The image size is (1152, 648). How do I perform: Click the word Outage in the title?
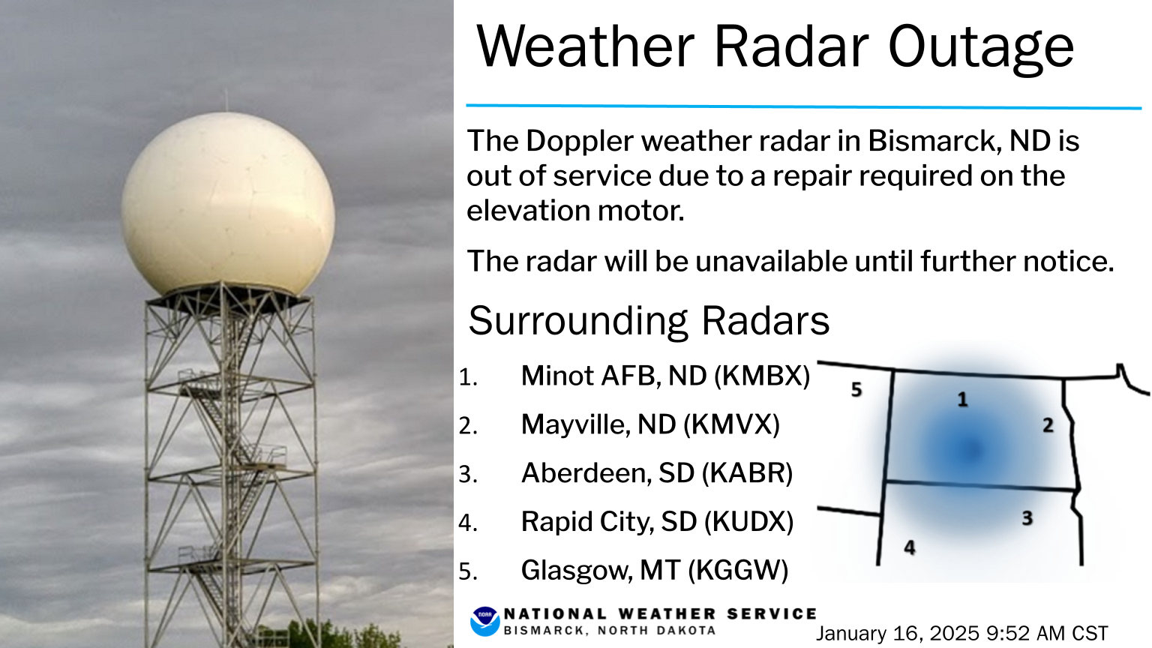(x=981, y=47)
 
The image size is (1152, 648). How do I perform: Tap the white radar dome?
(x=228, y=204)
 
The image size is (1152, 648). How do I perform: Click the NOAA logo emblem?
(x=484, y=621)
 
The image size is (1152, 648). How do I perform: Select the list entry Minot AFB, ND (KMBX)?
(x=665, y=376)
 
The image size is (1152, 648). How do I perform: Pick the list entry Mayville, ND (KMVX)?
(x=650, y=424)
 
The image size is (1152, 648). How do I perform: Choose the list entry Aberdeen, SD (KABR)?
(x=657, y=473)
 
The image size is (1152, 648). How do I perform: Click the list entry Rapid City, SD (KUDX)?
(x=657, y=521)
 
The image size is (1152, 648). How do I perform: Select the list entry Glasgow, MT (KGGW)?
(x=655, y=570)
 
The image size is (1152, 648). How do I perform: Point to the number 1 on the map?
(x=962, y=399)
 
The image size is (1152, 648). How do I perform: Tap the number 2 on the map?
(x=1048, y=424)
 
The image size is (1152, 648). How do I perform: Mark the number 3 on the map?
(x=1027, y=518)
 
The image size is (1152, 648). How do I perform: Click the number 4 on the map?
(x=910, y=547)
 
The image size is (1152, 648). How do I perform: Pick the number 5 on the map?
(x=856, y=389)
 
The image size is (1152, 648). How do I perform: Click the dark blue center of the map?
(x=971, y=450)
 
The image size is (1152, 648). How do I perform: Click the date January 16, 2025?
(x=898, y=633)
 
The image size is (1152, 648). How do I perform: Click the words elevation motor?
(x=575, y=211)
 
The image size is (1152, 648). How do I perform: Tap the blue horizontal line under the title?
(x=803, y=107)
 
